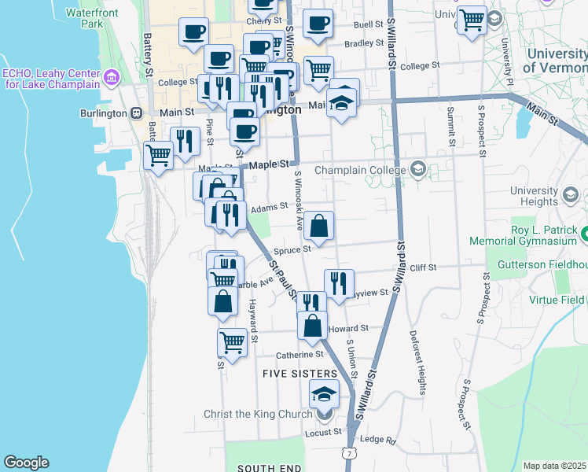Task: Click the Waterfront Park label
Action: point(92,18)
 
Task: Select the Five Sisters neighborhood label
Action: point(296,374)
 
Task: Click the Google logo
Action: point(26,463)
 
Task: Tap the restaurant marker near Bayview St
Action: point(339,282)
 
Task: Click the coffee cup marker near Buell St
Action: point(318,25)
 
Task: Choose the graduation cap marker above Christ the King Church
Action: point(323,393)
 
